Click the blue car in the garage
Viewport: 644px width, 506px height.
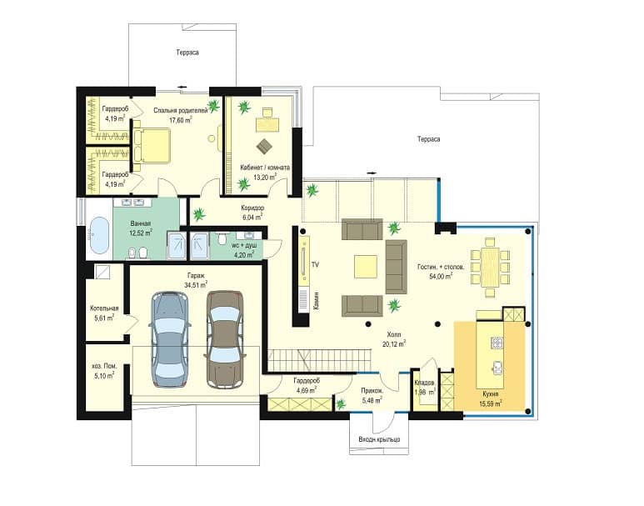[x=170, y=339]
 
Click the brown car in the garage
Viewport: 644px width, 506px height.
[x=224, y=339]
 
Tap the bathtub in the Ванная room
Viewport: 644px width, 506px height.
[x=99, y=236]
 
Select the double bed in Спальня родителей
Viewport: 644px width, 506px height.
[x=151, y=146]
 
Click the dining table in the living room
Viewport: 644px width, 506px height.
[x=490, y=268]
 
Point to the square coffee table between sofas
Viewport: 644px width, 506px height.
[x=366, y=267]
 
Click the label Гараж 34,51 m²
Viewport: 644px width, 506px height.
[x=196, y=279]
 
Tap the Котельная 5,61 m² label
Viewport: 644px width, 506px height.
[x=104, y=313]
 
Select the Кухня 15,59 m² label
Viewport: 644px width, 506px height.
[x=491, y=398]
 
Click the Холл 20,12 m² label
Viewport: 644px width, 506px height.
[x=394, y=339]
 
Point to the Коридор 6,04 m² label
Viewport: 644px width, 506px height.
[x=252, y=212]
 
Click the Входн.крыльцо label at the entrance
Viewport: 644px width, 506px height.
[x=379, y=439]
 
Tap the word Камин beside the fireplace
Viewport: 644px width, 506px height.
[x=316, y=300]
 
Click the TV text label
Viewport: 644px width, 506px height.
[x=315, y=265]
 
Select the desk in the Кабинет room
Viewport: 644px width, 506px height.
[x=267, y=124]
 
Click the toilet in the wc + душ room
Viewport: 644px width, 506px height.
[x=222, y=238]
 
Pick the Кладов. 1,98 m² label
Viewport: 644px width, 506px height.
[x=425, y=388]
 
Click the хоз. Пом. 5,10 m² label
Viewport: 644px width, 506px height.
[x=104, y=370]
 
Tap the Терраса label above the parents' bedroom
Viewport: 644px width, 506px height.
[x=187, y=53]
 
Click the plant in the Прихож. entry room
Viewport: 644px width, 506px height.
[x=341, y=404]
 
